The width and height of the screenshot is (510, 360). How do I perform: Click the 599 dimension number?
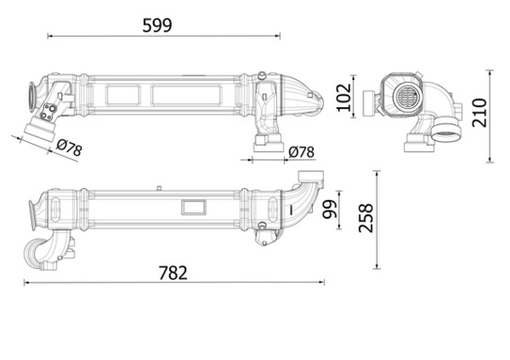tap(157, 25)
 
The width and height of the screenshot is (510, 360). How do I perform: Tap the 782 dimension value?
tap(173, 273)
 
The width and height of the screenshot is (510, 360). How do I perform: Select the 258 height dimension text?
tap(365, 218)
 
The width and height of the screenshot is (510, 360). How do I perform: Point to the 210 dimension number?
tap(479, 112)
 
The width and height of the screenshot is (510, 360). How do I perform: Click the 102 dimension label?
tap(344, 97)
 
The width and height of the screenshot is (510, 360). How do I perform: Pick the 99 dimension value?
tap(329, 210)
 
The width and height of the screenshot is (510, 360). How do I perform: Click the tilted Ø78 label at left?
tap(69, 148)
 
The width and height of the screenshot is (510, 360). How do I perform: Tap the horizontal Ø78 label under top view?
tap(301, 152)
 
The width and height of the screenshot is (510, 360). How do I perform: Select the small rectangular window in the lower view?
tap(193, 207)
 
